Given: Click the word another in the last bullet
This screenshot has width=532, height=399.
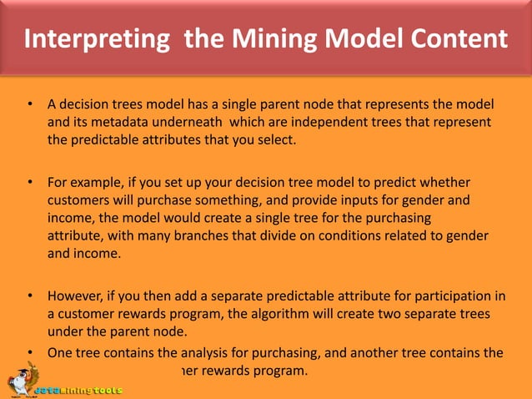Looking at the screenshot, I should tap(384, 352).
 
